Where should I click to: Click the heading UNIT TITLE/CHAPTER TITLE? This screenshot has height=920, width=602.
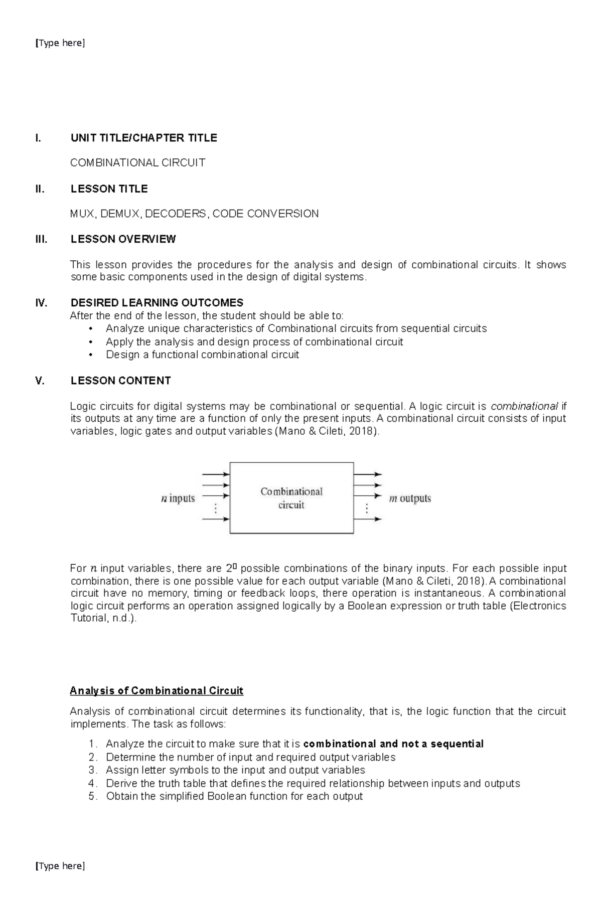tap(143, 138)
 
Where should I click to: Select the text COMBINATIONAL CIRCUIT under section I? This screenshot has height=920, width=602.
tap(137, 163)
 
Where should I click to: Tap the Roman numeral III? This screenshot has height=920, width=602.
tap(41, 239)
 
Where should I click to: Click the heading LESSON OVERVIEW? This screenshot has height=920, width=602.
tap(123, 239)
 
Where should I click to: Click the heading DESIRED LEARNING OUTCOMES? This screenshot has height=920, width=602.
tap(157, 303)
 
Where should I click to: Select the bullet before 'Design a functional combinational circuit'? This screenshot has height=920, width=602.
tap(90, 355)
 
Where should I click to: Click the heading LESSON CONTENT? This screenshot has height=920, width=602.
tap(120, 381)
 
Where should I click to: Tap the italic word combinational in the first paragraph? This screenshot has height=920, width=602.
tap(524, 406)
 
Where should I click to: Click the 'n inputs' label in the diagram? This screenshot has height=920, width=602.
tap(178, 498)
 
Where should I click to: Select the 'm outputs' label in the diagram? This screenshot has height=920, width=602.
tap(410, 498)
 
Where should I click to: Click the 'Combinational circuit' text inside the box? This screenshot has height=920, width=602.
tap(291, 498)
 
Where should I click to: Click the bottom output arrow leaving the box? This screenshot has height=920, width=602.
tap(368, 519)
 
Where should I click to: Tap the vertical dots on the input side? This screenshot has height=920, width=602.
tap(216, 509)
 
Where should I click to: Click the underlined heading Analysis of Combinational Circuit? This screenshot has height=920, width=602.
tap(157, 691)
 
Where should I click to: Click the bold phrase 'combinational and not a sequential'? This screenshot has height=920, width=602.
tap(393, 744)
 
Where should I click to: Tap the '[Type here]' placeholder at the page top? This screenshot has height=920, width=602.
tap(60, 43)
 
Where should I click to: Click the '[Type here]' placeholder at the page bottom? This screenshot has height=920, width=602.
tap(60, 866)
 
